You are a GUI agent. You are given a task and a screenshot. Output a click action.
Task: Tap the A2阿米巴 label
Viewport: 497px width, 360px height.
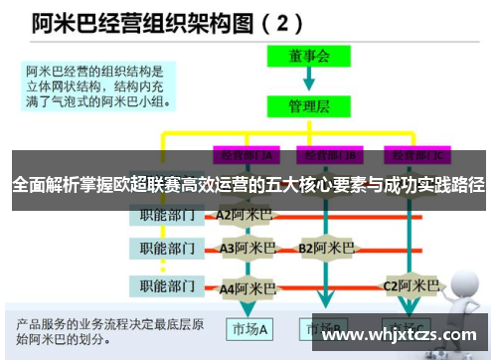[244, 213]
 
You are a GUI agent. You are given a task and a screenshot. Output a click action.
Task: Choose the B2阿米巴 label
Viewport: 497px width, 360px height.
[327, 248]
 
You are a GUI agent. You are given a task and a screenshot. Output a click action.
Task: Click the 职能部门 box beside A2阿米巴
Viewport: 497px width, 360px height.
[167, 213]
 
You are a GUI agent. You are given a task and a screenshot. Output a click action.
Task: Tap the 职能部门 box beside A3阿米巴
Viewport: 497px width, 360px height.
[167, 249]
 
